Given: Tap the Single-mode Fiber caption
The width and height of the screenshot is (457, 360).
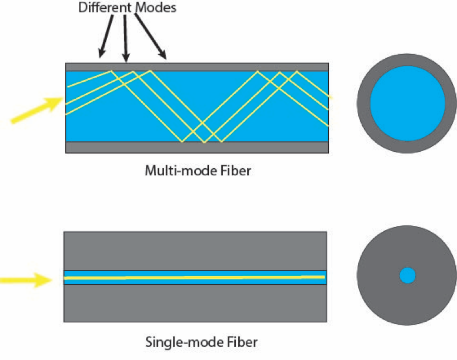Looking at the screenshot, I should pos(201,341).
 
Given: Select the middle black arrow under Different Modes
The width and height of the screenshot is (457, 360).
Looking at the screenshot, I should pos(125,36).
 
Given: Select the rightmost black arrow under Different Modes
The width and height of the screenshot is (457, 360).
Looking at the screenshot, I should pos(150,37).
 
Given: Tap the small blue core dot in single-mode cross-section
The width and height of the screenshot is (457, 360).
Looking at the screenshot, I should pos(407,275).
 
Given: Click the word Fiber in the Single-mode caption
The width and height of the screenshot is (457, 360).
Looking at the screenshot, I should pos(243,341).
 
